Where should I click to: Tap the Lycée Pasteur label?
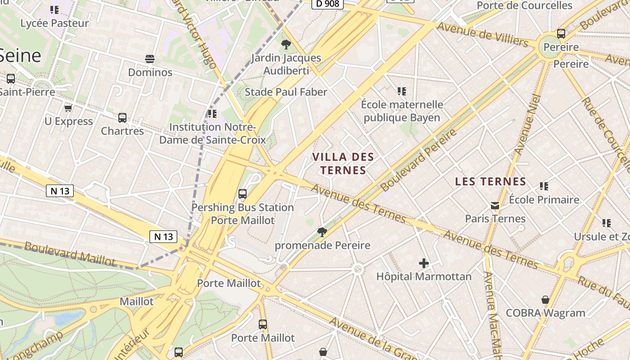click(54, 23)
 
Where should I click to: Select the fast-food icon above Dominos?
click(150, 59)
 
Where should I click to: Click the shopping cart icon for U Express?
click(68, 108)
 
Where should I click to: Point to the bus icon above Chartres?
click(122, 118)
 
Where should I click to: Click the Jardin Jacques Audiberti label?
click(286, 64)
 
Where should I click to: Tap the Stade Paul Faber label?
click(286, 92)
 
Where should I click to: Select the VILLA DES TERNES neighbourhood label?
click(343, 163)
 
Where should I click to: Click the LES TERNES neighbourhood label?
click(490, 181)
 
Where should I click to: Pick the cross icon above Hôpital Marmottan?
click(423, 263)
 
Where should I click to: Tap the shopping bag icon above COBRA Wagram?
click(545, 300)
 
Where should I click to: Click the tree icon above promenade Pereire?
click(322, 232)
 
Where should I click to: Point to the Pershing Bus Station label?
click(243, 207)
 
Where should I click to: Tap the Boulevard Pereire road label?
click(418, 160)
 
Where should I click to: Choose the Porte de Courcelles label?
click(524, 5)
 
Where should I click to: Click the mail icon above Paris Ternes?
click(495, 206)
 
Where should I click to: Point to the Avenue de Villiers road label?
click(482, 34)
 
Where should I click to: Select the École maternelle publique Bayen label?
click(402, 111)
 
